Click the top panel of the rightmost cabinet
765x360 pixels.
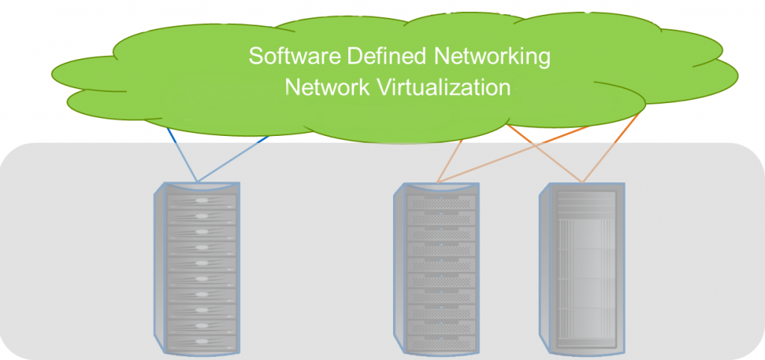(586, 200)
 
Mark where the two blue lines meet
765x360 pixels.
(197, 181)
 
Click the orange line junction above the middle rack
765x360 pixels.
(438, 181)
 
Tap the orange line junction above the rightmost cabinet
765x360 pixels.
(582, 181)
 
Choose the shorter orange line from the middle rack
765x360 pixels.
(450, 160)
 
